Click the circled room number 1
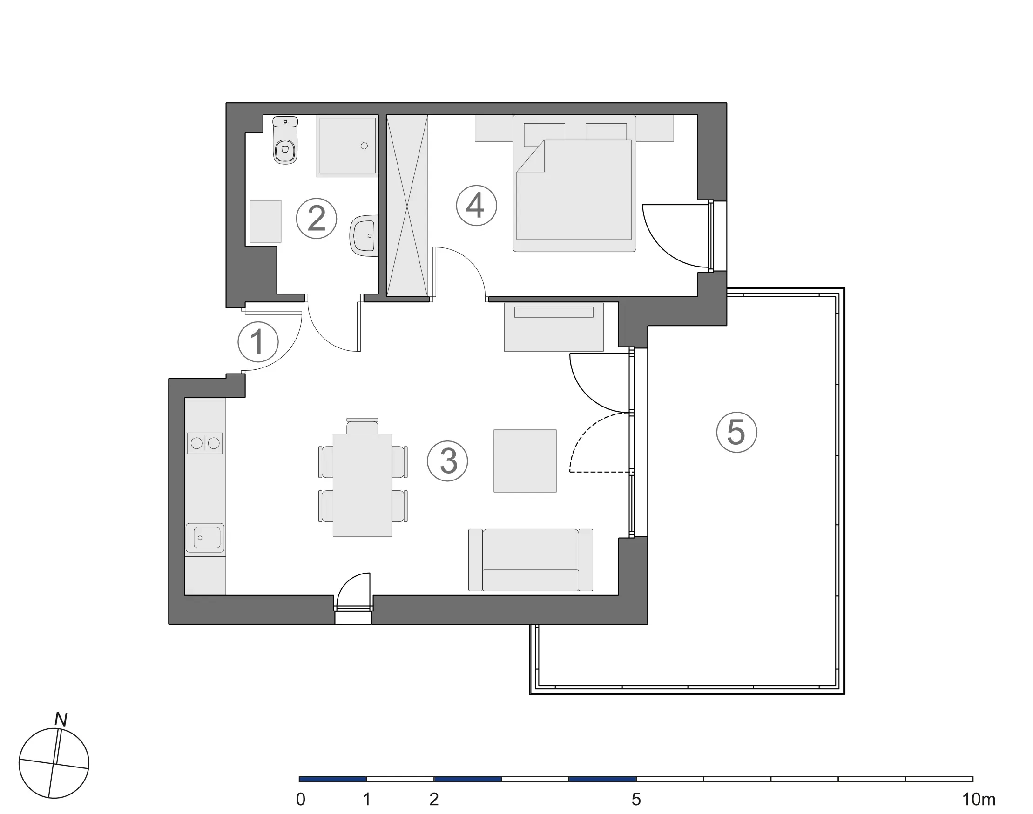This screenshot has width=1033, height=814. point(258,342)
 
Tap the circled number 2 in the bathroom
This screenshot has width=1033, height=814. point(316,218)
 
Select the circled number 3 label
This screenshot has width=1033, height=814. point(447,461)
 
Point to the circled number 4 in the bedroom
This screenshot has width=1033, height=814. point(476,206)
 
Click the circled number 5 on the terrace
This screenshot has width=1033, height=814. point(736,432)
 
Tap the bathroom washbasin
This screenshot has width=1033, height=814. point(365,235)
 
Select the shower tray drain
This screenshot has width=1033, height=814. point(365,146)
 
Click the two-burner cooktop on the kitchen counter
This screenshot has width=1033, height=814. point(205,443)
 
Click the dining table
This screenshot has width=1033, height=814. point(362,485)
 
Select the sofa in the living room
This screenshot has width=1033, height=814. point(530,560)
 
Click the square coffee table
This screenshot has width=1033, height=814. point(525,461)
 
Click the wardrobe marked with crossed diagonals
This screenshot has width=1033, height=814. point(407,206)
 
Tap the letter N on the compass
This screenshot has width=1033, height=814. point(61,719)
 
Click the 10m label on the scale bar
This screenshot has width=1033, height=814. point(978,799)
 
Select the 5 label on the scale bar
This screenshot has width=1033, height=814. point(636,799)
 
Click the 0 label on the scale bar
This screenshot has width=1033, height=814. point(300,799)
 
